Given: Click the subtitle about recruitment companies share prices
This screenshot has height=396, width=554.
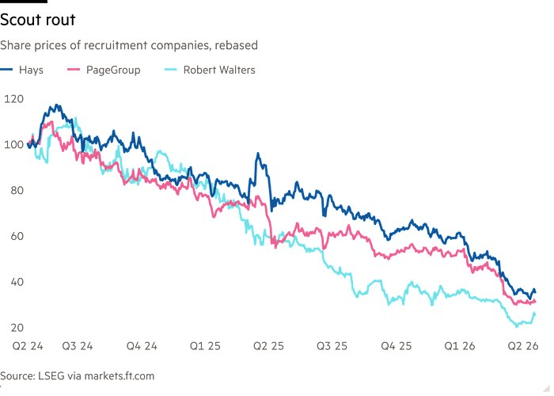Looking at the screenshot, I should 128,46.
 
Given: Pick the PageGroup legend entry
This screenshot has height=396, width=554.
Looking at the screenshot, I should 113,70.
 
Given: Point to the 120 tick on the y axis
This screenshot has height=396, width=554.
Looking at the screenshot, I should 14,99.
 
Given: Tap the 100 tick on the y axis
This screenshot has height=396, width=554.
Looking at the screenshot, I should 14,145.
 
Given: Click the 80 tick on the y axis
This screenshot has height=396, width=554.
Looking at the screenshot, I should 14,191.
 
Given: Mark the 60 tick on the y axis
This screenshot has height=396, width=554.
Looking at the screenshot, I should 14,237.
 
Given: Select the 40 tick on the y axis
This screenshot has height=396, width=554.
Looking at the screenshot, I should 14,283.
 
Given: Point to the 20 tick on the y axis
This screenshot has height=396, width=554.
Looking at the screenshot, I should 14,328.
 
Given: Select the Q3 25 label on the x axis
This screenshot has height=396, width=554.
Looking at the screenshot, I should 331,346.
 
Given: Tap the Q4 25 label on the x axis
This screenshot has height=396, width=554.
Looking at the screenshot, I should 396,346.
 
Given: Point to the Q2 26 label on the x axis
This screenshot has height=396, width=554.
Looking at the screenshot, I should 523,346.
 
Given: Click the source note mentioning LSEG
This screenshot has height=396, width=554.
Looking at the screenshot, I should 78,375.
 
